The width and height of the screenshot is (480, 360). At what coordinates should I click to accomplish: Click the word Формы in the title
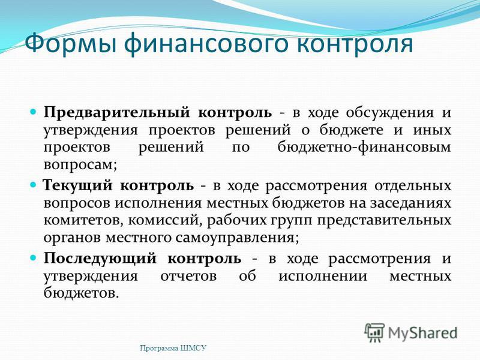(x=70, y=43)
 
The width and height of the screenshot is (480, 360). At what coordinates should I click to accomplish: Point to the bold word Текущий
(x=78, y=186)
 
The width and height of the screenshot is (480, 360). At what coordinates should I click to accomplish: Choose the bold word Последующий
(x=100, y=259)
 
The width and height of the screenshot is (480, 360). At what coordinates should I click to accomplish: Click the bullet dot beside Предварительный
(x=34, y=112)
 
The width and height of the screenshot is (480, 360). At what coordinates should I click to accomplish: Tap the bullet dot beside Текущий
(x=34, y=185)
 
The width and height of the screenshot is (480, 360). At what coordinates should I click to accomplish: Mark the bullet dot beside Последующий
(x=34, y=257)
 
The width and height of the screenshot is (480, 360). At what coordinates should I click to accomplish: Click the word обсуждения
(x=390, y=113)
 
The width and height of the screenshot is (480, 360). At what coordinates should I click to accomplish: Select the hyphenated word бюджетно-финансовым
(x=364, y=148)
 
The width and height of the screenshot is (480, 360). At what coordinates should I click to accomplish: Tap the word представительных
(x=384, y=221)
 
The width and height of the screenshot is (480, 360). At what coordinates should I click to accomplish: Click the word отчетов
(x=188, y=277)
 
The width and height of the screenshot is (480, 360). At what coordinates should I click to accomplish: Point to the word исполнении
(x=323, y=277)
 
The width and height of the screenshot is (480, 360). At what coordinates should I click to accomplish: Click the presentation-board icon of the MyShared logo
(x=374, y=332)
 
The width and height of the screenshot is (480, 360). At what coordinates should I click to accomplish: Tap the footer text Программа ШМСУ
(x=173, y=348)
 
